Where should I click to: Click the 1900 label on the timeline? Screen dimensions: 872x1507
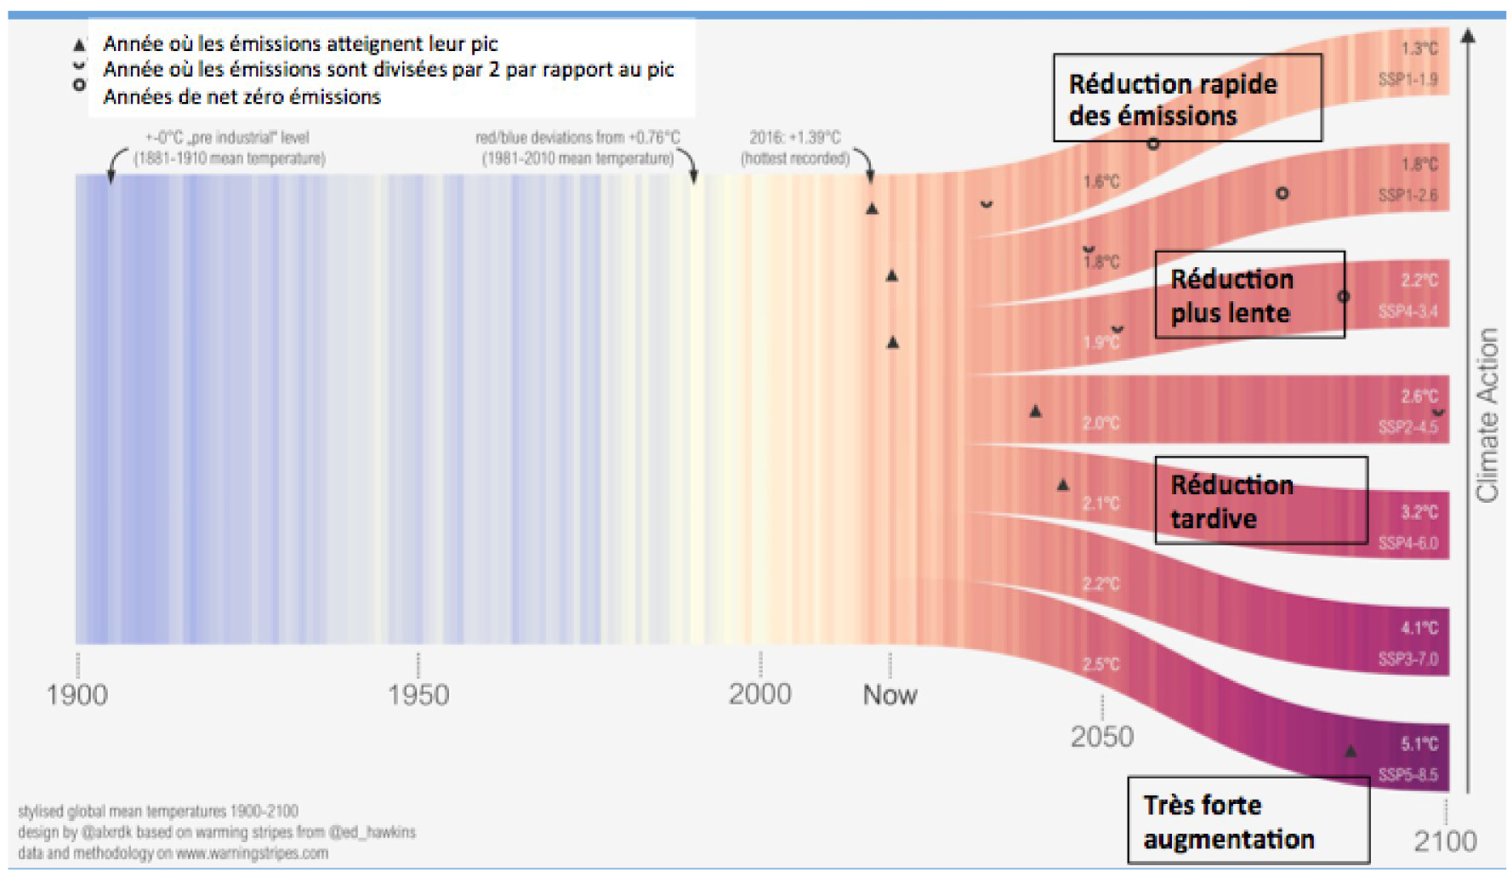coord(77,695)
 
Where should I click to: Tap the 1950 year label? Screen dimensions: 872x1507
coord(418,695)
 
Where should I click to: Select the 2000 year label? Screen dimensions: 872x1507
coord(759,694)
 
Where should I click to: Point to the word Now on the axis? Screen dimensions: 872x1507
coord(890,695)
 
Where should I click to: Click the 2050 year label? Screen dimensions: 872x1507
coord(1102,737)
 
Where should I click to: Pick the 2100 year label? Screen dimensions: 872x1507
coord(1445,841)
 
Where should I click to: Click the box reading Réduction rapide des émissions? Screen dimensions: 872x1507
coord(1187,99)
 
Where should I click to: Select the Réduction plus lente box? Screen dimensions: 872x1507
coord(1249,295)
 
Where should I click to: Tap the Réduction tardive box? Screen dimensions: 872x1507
coord(1260,501)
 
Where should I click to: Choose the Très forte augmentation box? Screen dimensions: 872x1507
coord(1248,821)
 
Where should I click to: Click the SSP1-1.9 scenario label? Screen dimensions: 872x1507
coord(1408,80)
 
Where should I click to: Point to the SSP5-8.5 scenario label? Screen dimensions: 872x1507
coord(1408,775)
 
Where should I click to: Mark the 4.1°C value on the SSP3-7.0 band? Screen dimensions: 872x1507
coord(1419,629)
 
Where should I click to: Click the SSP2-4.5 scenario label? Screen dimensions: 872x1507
coord(1408,427)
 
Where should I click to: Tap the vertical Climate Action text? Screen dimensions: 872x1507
coord(1487,415)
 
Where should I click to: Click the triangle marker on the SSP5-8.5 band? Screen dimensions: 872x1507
coord(1351,751)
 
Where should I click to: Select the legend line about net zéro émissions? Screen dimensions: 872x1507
coord(242,97)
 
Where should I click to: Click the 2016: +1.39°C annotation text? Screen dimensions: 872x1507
coord(795,138)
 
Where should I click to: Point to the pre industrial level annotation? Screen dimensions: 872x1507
coord(228,138)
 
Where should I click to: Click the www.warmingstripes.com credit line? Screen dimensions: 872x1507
coord(173,853)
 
